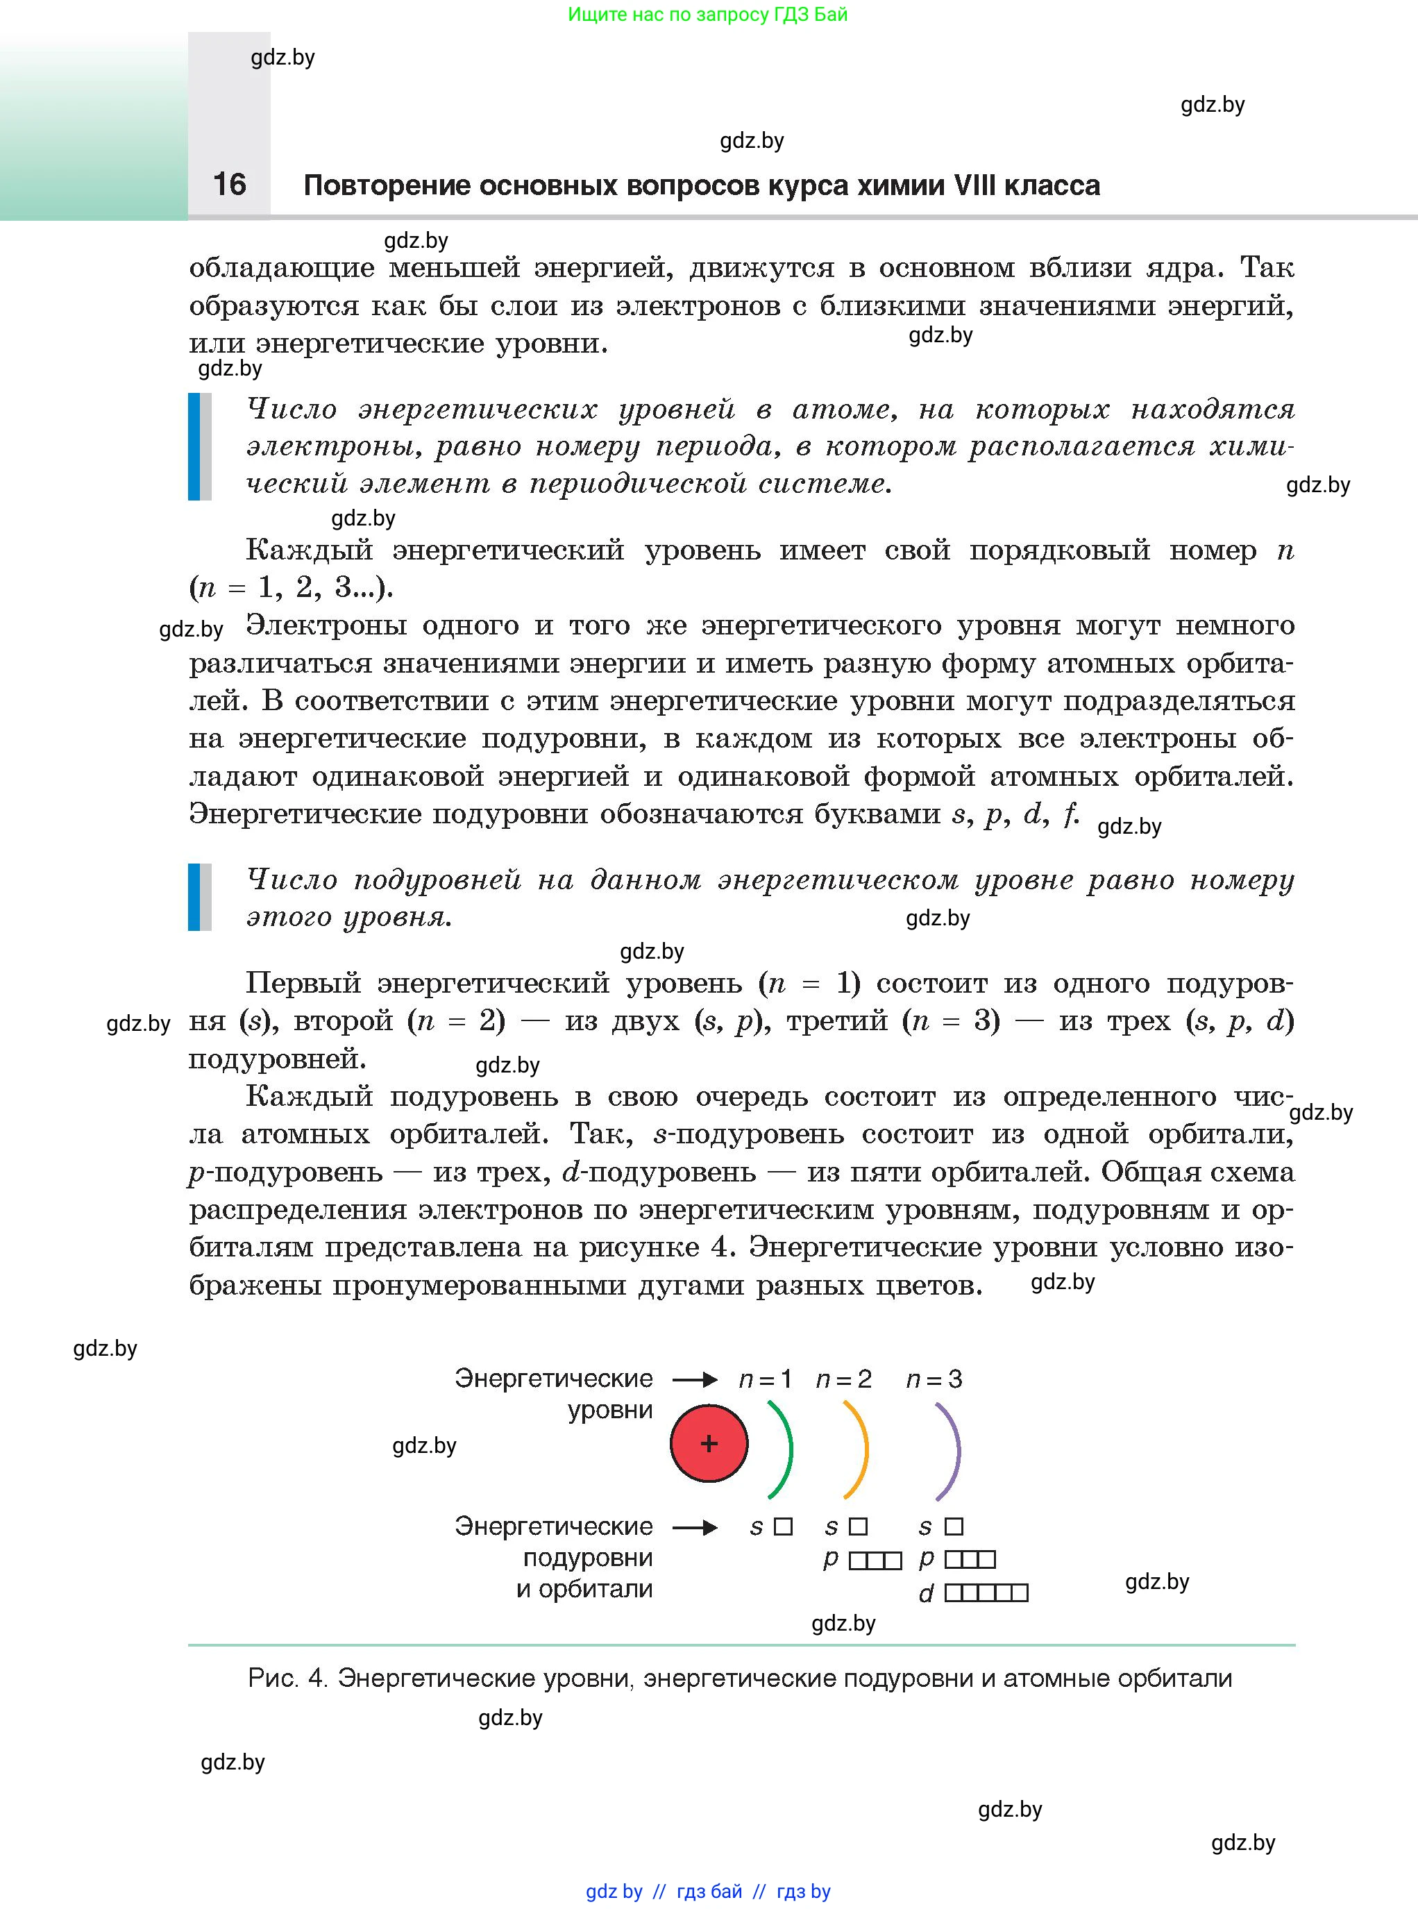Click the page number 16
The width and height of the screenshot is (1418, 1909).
pos(229,184)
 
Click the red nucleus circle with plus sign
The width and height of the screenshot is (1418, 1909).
pos(708,1443)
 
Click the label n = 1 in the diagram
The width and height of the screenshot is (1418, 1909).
pos(764,1379)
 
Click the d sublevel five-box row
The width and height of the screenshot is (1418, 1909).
pos(986,1593)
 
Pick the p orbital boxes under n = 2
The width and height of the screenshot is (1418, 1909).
pos(875,1561)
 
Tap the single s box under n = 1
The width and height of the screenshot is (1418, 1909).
pos(783,1527)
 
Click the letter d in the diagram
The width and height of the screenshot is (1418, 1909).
pos(925,1594)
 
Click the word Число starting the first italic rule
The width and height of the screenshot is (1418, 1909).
pos(291,409)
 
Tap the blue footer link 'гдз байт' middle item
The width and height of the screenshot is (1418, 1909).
pos(709,1891)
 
